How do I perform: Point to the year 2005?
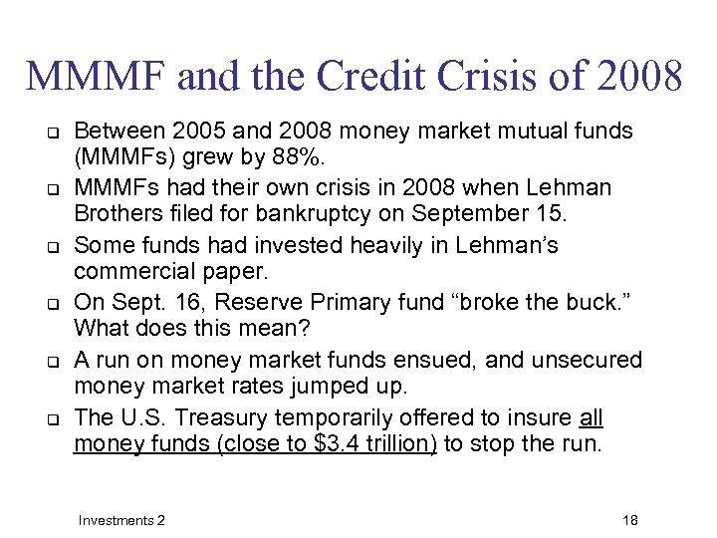(x=203, y=131)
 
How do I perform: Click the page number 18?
(x=629, y=520)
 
